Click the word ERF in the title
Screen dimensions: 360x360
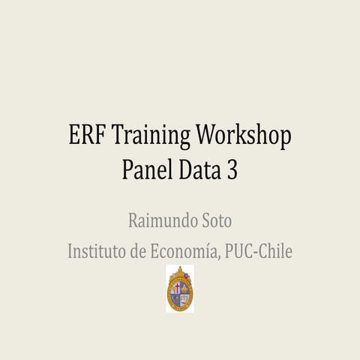pos(85,138)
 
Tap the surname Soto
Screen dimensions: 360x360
pos(216,221)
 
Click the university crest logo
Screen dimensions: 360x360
pos(180,290)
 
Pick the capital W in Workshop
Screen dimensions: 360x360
pos(208,138)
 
